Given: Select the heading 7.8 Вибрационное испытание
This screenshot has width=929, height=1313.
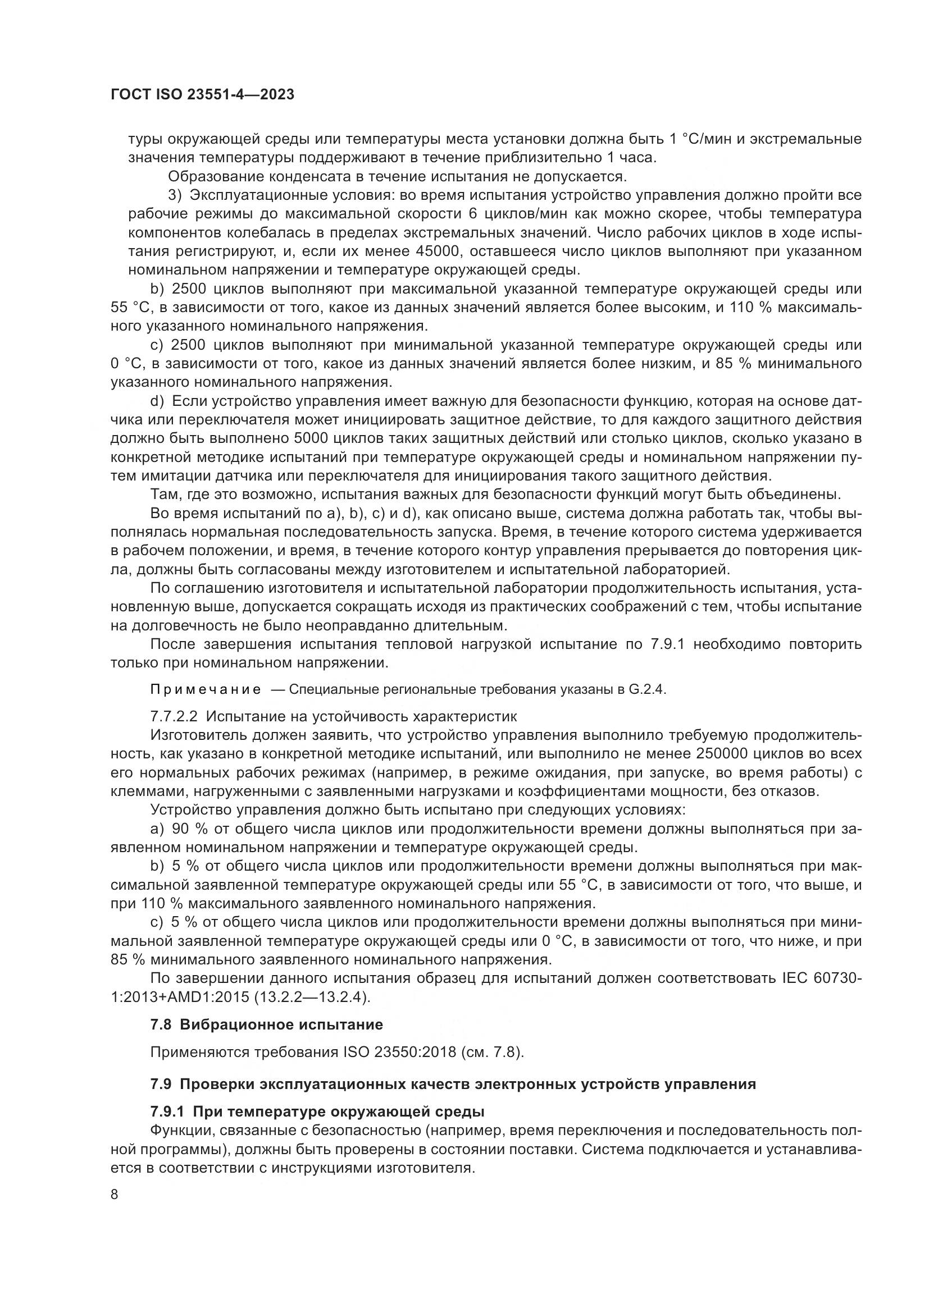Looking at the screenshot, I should [267, 1024].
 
